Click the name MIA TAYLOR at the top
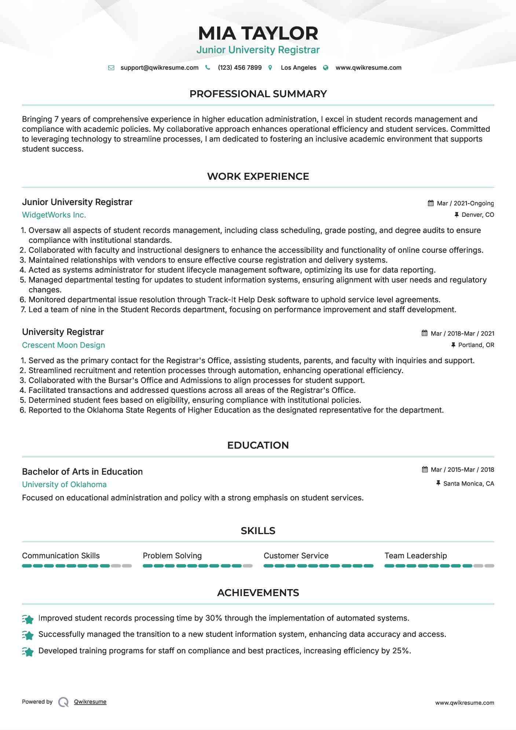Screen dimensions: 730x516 pos(258,33)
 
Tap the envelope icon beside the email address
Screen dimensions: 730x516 pos(111,68)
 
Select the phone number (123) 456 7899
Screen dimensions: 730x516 pos(239,68)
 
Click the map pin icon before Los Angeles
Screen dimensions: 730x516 pos(270,68)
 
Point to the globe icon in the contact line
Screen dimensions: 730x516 pos(326,68)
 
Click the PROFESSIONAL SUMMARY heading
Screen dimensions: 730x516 pos(258,94)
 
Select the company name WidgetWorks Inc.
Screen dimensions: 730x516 pos(54,215)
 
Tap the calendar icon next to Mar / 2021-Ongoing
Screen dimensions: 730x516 pos(431,203)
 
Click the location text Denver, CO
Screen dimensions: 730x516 pos(477,215)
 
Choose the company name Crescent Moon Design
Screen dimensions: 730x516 pos(63,345)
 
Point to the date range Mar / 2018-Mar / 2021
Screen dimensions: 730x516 pos(462,333)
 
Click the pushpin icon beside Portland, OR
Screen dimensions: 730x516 pos(453,345)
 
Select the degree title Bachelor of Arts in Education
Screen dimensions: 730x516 pos(82,472)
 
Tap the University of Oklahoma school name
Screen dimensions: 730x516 pos(64,485)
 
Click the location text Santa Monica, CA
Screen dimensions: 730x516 pos(468,483)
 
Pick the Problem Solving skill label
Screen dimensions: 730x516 pos(172,556)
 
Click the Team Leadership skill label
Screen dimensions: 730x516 pos(416,556)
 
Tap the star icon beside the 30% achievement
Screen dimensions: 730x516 pos(28,619)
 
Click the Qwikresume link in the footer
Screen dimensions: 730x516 pos(90,702)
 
